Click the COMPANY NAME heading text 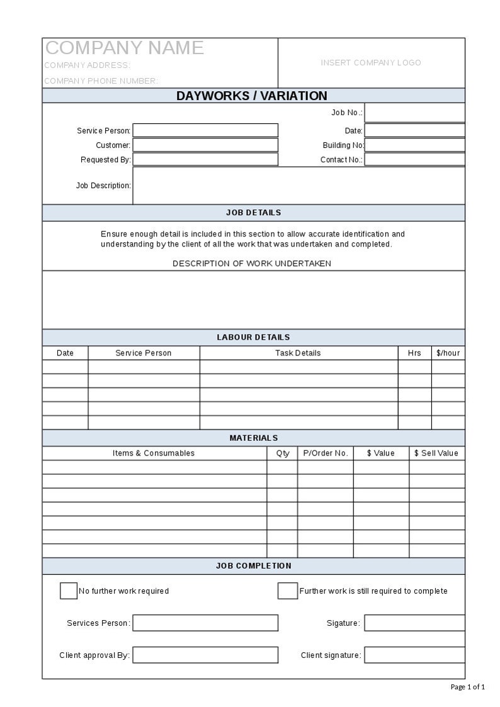click(x=125, y=48)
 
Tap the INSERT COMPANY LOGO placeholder click(x=371, y=63)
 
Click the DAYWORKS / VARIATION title click(x=252, y=96)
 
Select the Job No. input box click(x=414, y=113)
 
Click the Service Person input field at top click(x=205, y=130)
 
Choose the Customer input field click(x=205, y=145)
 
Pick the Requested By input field click(x=205, y=159)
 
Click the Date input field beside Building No click(x=414, y=130)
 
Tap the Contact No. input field click(x=414, y=159)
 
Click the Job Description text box click(x=298, y=186)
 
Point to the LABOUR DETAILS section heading click(x=253, y=337)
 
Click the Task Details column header click(x=298, y=353)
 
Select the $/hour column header click(x=448, y=353)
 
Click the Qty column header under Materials click(x=283, y=453)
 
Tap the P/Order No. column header click(x=326, y=453)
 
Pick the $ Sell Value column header click(x=436, y=453)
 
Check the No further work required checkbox click(x=69, y=591)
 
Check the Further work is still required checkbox click(x=288, y=591)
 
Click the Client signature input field click(x=414, y=655)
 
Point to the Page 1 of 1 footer click(x=468, y=687)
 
